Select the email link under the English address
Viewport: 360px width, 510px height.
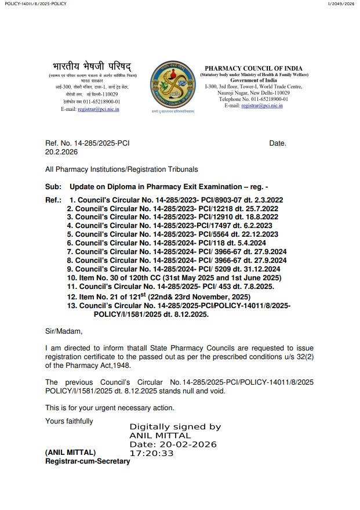[262, 106]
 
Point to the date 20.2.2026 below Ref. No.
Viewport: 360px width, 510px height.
[61, 152]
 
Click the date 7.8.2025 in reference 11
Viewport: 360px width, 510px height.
[259, 286]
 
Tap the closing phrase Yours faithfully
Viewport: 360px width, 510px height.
[69, 421]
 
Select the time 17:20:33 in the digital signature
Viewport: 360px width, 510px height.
[151, 453]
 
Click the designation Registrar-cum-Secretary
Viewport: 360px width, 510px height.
[88, 461]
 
